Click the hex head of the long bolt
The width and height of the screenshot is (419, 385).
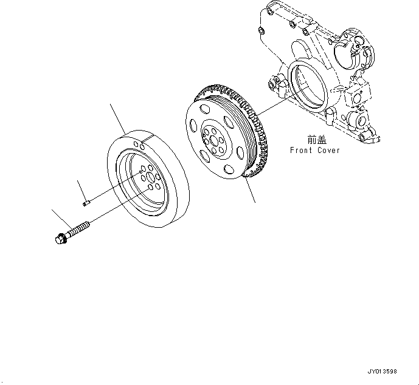pos(59,239)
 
